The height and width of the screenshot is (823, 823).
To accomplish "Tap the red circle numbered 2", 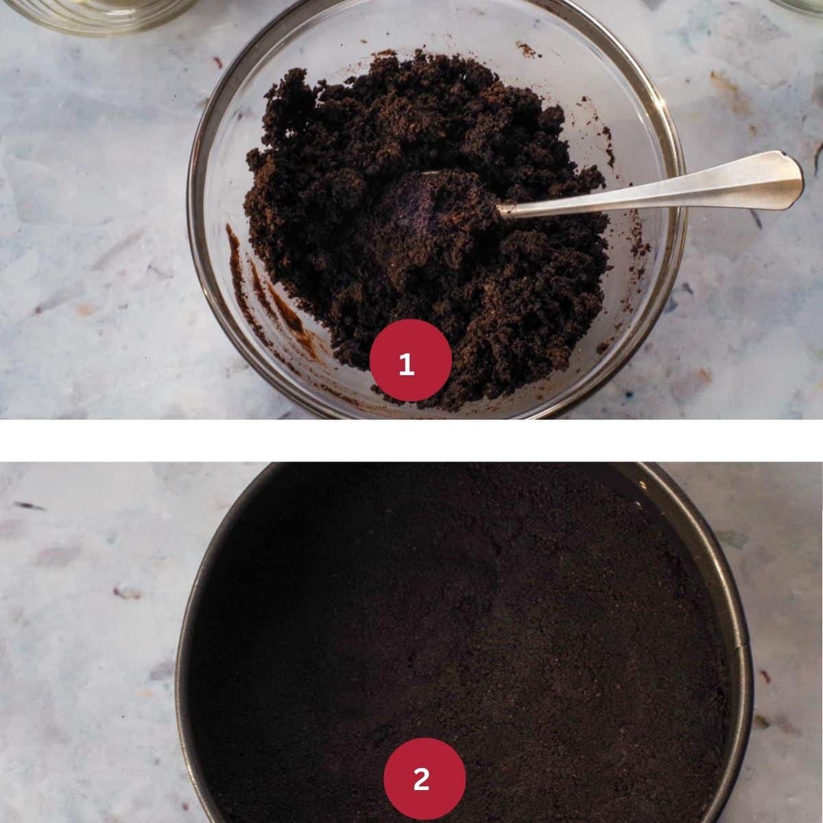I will click(424, 778).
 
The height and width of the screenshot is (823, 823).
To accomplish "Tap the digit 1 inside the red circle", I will click(407, 364).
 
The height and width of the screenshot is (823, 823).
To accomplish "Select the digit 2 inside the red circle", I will click(422, 780).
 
